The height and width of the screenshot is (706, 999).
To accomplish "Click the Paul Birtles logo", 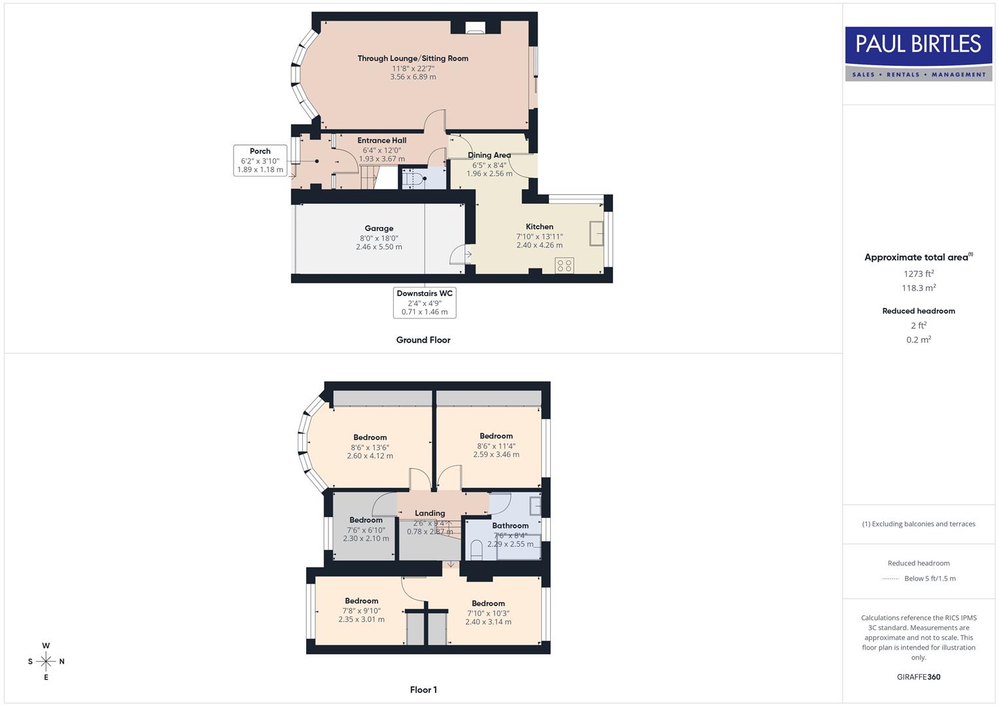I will pyautogui.click(x=919, y=54).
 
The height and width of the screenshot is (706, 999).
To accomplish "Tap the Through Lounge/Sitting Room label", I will pyautogui.click(x=413, y=58).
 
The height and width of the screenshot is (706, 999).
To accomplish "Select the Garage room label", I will pyautogui.click(x=379, y=228).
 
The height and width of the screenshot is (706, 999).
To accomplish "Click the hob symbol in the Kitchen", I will pyautogui.click(x=564, y=265).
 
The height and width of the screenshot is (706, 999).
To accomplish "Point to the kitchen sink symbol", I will pyautogui.click(x=596, y=233).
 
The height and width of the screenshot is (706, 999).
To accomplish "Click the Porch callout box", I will pyautogui.click(x=260, y=160).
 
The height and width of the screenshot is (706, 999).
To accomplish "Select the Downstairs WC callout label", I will pyautogui.click(x=425, y=303).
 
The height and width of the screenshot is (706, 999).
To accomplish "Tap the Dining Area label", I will pyautogui.click(x=489, y=156).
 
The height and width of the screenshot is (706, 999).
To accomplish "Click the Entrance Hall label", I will pyautogui.click(x=382, y=141).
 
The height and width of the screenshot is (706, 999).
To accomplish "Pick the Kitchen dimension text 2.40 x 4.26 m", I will pyautogui.click(x=539, y=246).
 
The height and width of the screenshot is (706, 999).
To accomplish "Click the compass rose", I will pyautogui.click(x=46, y=662).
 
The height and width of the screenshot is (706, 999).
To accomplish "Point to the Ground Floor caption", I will pyautogui.click(x=423, y=340).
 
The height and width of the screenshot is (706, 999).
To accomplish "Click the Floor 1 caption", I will pyautogui.click(x=423, y=690).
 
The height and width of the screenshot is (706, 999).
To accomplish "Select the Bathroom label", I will pyautogui.click(x=510, y=526).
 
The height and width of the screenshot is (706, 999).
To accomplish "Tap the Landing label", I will pyautogui.click(x=430, y=513).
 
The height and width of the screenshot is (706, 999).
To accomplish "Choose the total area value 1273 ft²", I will pyautogui.click(x=919, y=274).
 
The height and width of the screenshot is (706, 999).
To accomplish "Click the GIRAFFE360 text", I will pyautogui.click(x=919, y=677).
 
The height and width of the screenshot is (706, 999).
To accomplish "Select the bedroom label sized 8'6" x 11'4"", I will pyautogui.click(x=496, y=436).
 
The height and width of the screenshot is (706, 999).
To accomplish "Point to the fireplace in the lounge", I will pyautogui.click(x=476, y=27).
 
